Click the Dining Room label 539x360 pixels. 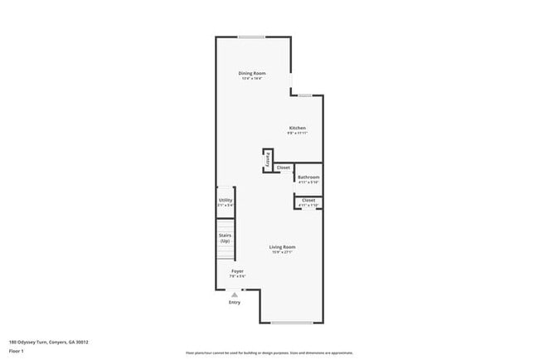253,74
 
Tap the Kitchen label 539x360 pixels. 297,128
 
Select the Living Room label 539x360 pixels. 283,247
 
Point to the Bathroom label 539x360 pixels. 308,177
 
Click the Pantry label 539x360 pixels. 268,160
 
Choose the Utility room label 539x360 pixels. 226,200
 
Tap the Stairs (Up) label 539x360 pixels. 226,238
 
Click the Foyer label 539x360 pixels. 237,270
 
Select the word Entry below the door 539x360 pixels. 235,302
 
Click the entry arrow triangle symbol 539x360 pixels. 235,294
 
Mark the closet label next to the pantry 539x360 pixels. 284,168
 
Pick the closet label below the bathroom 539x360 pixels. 308,200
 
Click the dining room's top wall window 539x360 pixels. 252,36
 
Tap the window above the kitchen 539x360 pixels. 305,95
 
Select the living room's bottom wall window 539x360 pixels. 291,323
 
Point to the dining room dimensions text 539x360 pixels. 253,79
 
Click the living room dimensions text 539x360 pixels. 283,252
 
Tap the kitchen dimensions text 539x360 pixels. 297,133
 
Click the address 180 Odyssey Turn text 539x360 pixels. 49,342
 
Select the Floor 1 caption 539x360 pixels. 17,350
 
